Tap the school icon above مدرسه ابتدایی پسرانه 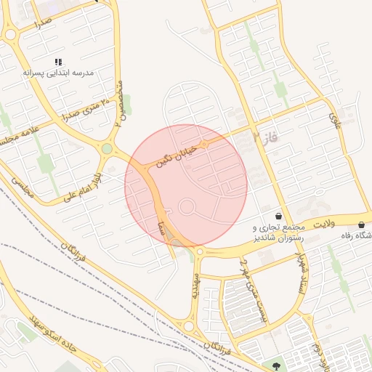tap(58, 62)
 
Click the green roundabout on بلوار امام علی tap(107, 149)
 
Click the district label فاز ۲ tap(266, 135)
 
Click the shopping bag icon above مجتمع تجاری tap(279, 216)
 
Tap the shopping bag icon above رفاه tap(362, 225)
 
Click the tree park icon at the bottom tap(275, 364)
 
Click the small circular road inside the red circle tap(187, 208)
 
